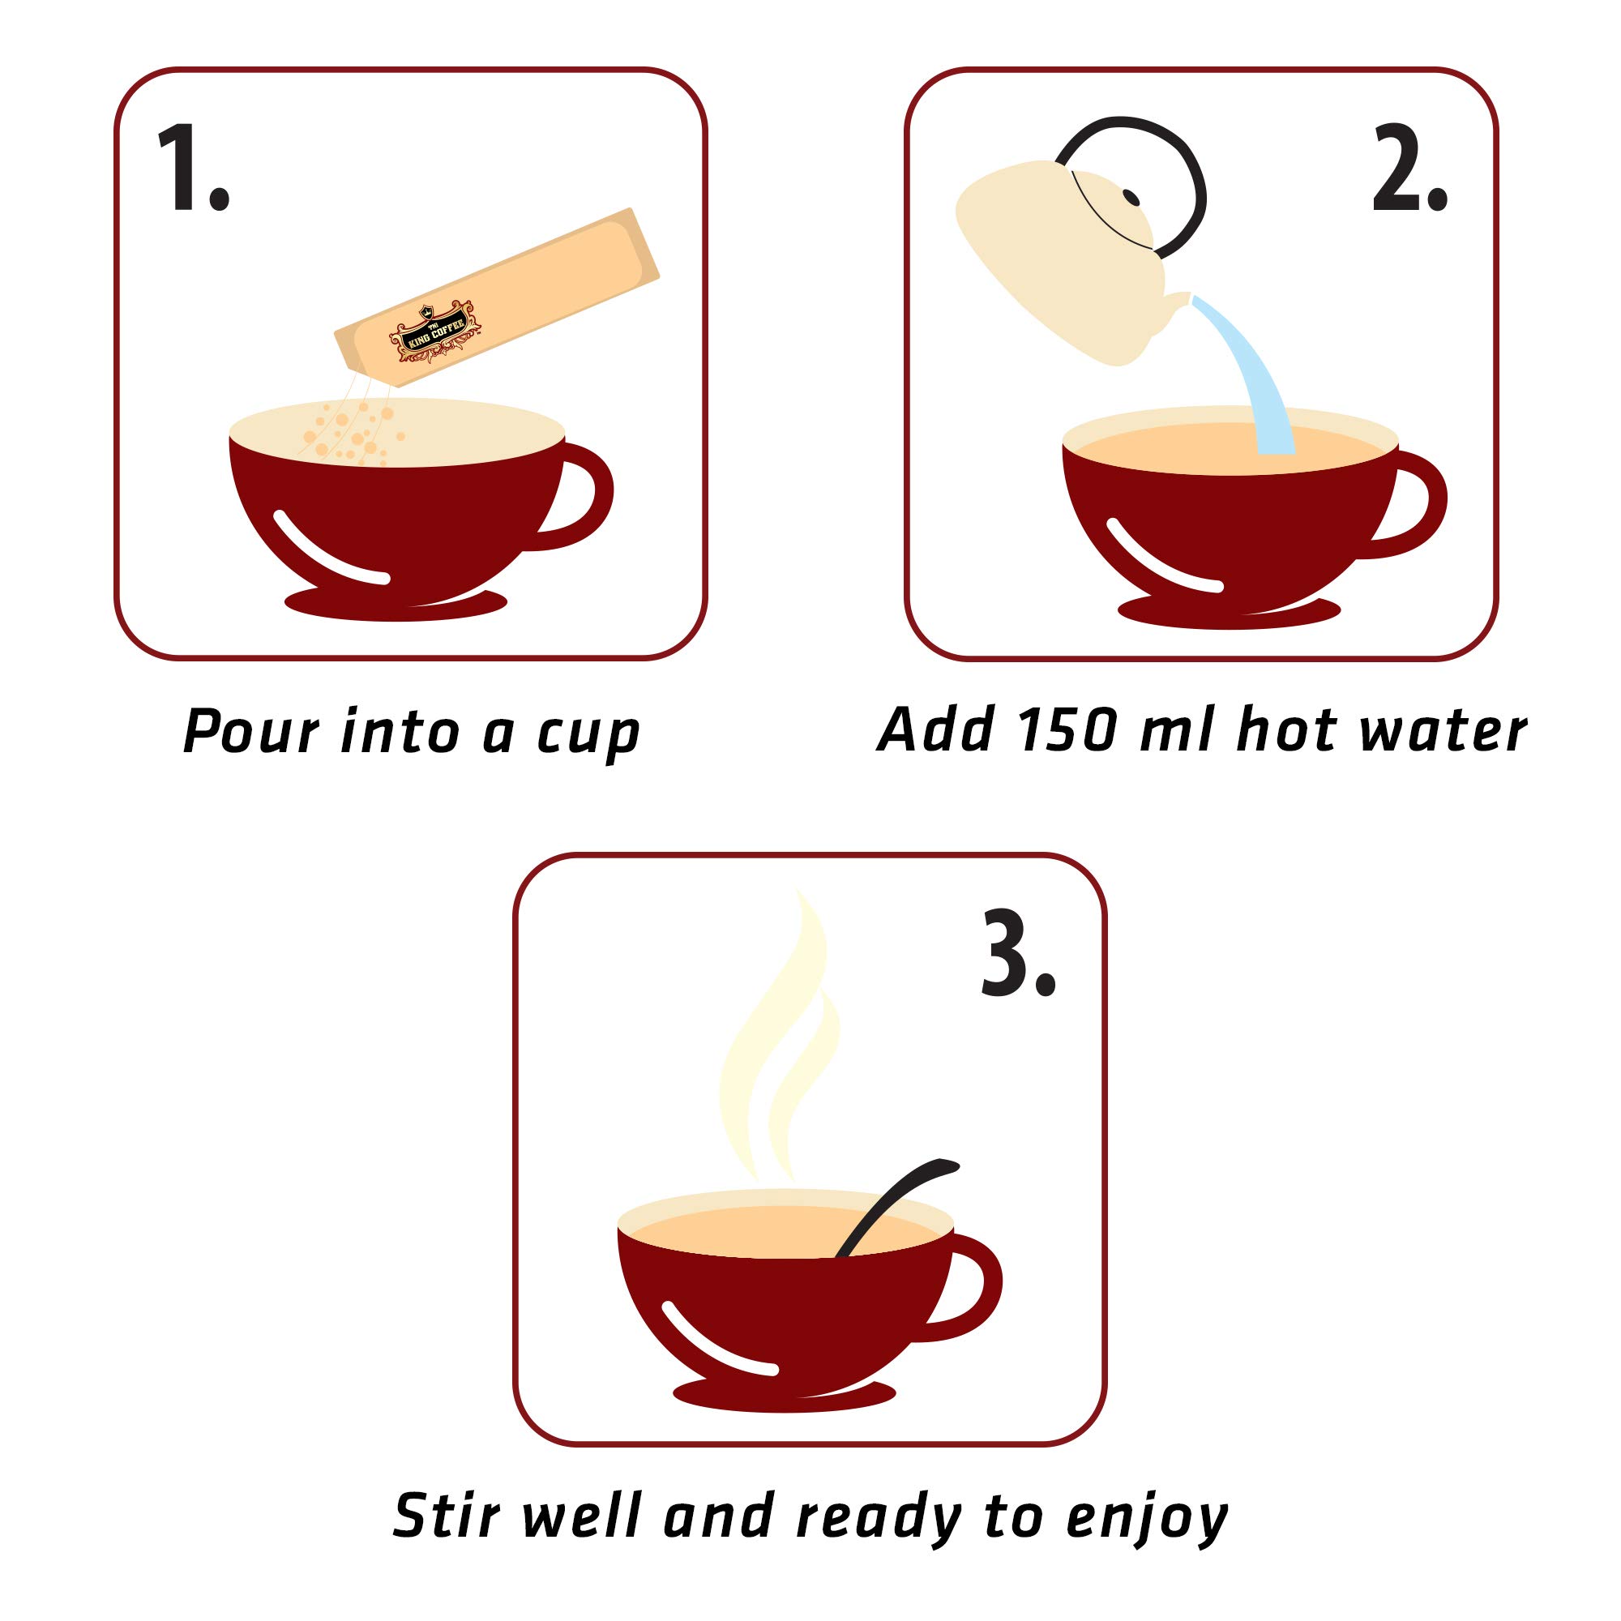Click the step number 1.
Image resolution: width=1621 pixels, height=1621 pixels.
point(193,167)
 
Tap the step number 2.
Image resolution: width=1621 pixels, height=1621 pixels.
point(1409,167)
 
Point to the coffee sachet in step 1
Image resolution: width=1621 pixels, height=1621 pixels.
point(497,297)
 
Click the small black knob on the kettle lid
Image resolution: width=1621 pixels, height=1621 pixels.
point(1131,197)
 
